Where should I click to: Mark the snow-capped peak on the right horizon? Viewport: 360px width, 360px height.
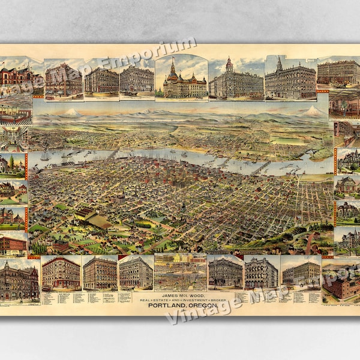pyautogui.click(x=313, y=111)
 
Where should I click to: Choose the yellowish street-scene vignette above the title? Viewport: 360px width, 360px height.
pyautogui.click(x=179, y=273)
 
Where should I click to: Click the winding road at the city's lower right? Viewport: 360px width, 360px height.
pyautogui.click(x=310, y=243)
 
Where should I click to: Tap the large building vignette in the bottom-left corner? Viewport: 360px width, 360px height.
pyautogui.click(x=19, y=281)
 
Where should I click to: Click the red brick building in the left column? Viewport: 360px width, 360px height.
pyautogui.click(x=14, y=244)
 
